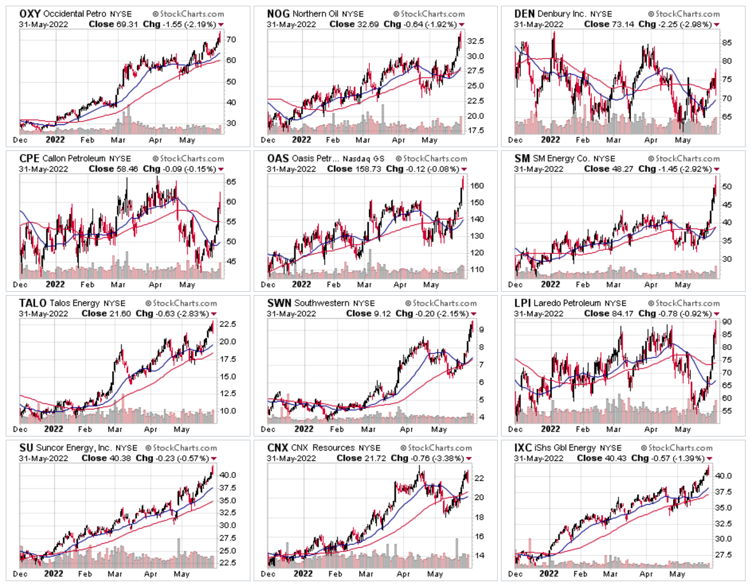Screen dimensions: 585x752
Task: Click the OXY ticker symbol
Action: tap(29, 13)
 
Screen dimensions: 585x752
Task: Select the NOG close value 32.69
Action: tap(371, 24)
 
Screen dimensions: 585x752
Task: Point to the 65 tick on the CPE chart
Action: tap(231, 182)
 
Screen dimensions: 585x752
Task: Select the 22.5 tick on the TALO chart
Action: tap(233, 324)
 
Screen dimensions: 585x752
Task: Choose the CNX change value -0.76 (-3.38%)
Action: tap(431, 458)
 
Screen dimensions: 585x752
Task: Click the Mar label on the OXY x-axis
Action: tap(119, 138)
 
